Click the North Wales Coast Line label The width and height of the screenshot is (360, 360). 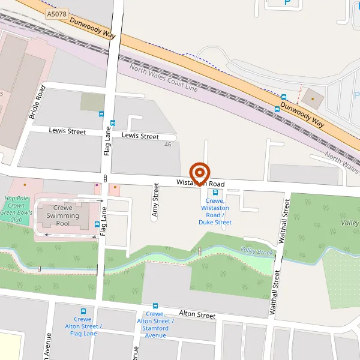point(164,79)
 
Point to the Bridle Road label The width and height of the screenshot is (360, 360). point(37,101)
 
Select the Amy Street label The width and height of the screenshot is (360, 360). point(155,200)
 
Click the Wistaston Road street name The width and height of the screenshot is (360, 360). point(200,183)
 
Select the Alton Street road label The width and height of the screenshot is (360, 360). point(197,314)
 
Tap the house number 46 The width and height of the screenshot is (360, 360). point(167,145)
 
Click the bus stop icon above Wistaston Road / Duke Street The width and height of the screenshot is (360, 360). point(215,193)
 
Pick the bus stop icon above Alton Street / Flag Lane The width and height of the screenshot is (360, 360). point(83,312)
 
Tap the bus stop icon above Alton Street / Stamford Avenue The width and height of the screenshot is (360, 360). point(155,306)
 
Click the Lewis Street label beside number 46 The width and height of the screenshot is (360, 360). point(140,136)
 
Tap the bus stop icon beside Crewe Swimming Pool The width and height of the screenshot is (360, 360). point(97,224)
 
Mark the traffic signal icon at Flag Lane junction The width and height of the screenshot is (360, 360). point(105,178)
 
